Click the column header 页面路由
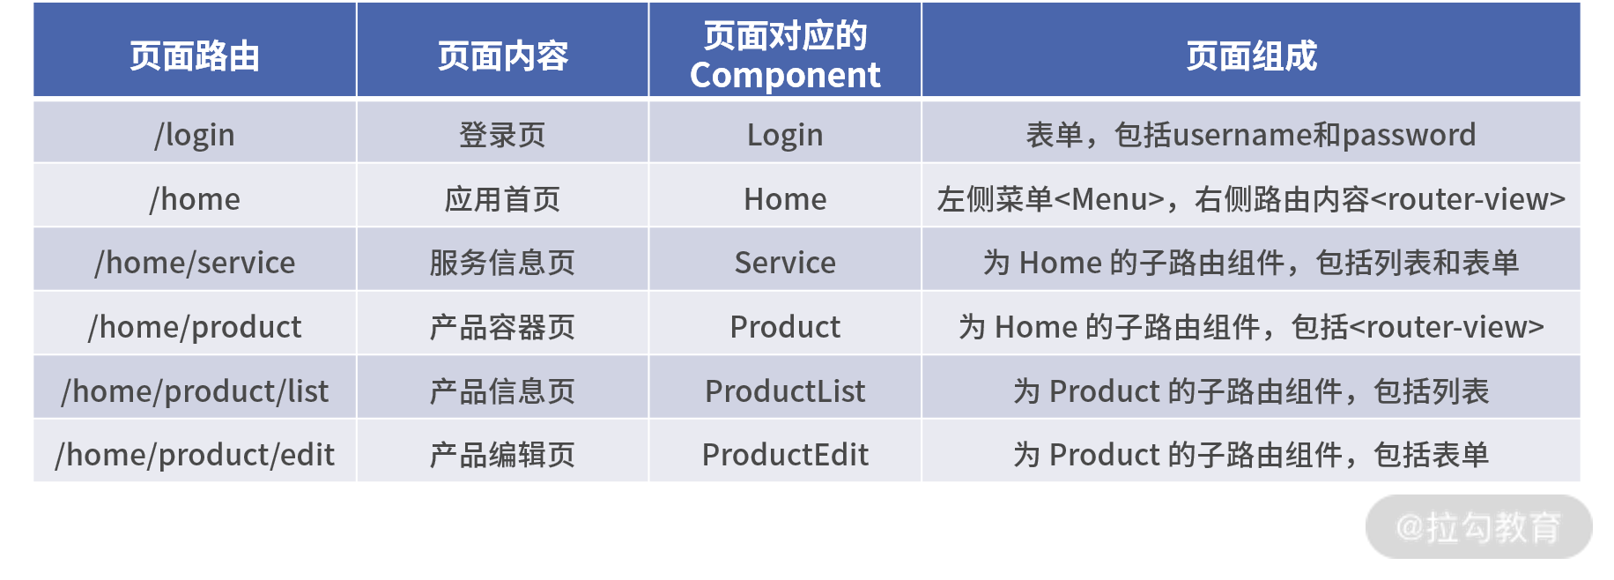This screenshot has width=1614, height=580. coord(195,56)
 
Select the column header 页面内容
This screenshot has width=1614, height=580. coord(503,56)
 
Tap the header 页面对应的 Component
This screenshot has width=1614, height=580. coord(785,56)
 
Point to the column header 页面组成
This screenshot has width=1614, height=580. coord(1251,56)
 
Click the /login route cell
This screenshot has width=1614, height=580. coord(195,135)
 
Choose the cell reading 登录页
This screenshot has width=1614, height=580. coord(503,135)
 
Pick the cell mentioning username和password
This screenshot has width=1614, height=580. coord(1251,135)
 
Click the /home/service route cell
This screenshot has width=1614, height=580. coord(195,263)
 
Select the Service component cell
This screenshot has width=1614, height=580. coord(785,263)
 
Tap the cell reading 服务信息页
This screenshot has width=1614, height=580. coord(503,263)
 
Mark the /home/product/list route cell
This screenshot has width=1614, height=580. coord(195,390)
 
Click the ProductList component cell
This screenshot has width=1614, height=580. coord(785,390)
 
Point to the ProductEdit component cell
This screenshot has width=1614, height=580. coord(785,455)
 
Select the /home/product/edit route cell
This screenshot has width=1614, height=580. coord(195,455)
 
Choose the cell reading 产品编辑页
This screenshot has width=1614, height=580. coord(503,455)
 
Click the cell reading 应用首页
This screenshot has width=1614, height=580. coord(503,199)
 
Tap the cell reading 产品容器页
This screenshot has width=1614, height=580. coord(503,327)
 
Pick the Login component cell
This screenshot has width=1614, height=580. coord(785,135)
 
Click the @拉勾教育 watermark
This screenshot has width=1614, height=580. coord(1478,527)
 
